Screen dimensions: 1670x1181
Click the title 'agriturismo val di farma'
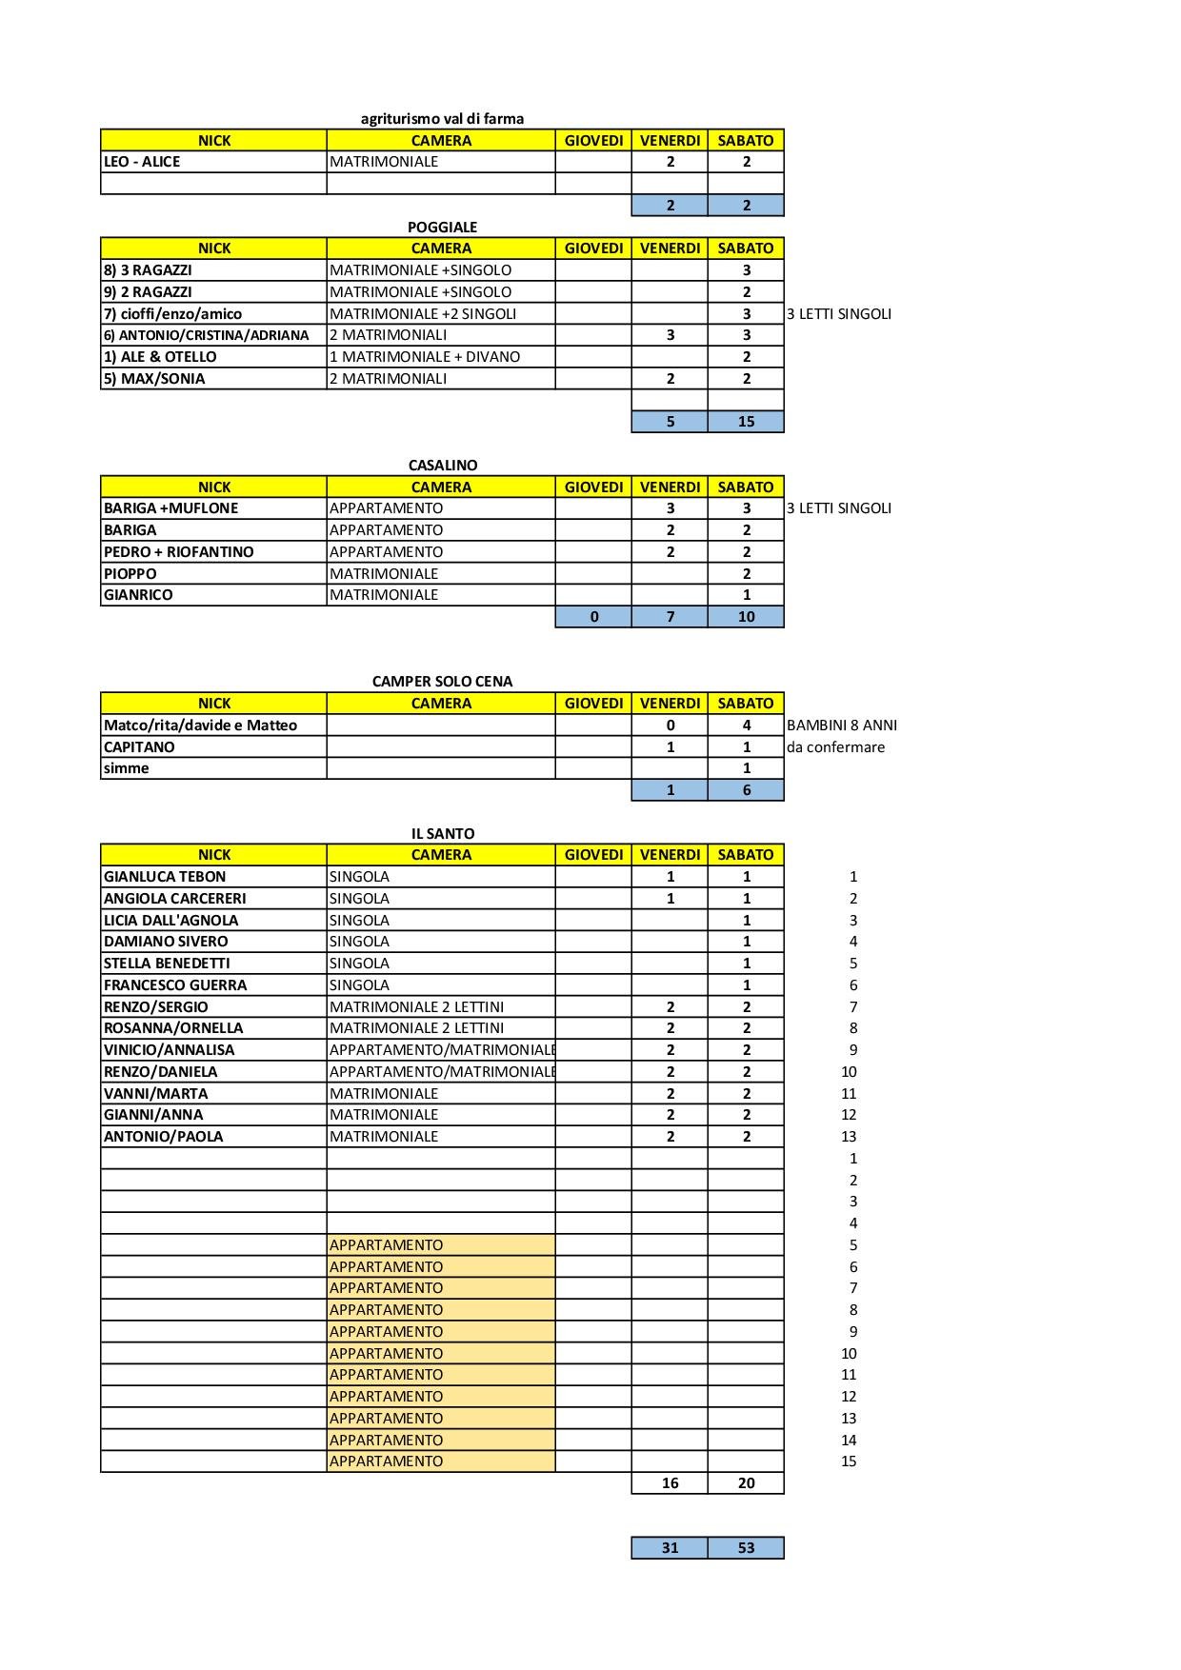(442, 119)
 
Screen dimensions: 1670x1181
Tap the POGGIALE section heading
(442, 227)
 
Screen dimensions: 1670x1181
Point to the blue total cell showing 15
(746, 421)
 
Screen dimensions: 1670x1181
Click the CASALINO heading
(443, 465)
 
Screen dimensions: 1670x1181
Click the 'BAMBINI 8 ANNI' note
(842, 726)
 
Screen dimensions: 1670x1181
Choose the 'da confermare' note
(835, 747)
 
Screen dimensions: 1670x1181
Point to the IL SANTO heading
(443, 833)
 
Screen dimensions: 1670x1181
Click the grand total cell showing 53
(746, 1548)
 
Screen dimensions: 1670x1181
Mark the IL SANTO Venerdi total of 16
(670, 1483)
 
